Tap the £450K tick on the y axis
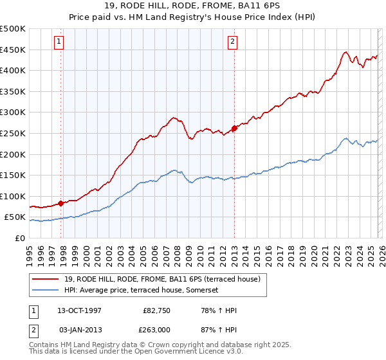13,50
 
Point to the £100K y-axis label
13,196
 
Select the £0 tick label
21,238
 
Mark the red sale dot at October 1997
61,203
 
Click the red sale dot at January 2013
234,128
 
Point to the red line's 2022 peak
345,52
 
